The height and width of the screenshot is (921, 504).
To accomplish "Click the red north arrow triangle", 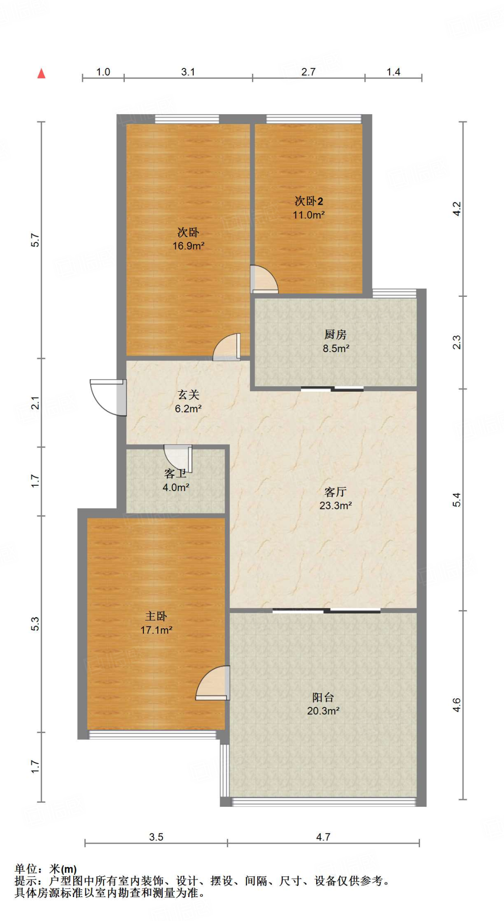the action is tap(41, 73).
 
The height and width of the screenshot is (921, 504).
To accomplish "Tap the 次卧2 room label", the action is tap(309, 201).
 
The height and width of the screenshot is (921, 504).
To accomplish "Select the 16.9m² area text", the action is tap(189, 246).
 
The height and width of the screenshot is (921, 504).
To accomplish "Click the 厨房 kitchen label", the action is tap(336, 334).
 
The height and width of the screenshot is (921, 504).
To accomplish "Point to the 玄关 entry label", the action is tap(188, 394).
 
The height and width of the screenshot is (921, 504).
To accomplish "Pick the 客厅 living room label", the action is tap(336, 492).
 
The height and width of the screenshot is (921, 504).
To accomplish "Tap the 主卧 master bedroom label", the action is tap(156, 616).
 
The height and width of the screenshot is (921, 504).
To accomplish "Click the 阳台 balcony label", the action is tap(323, 697).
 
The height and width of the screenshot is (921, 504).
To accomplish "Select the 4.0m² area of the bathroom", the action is tap(176, 487).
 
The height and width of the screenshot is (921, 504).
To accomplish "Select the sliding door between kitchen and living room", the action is tap(332, 389).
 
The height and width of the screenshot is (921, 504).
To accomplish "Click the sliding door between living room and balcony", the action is tap(327, 610).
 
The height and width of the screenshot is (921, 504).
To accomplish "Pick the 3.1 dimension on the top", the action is tap(188, 72).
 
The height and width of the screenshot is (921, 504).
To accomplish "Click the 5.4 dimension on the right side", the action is tap(456, 500).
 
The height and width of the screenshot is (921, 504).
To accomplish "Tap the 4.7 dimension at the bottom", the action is tap(323, 837).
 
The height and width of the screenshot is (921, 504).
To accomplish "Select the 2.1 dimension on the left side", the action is tap(35, 402).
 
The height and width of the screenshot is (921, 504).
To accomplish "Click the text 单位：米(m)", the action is tap(45, 869).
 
